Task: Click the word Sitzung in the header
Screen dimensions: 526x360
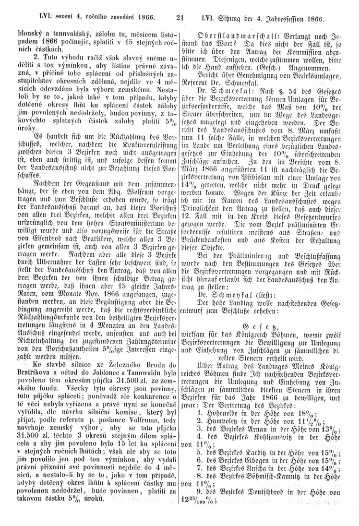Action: click(228, 19)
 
